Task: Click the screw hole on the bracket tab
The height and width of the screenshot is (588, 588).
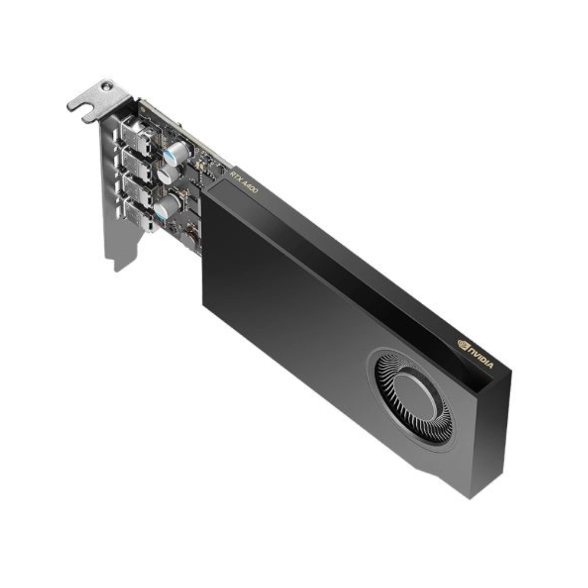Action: click(x=107, y=86)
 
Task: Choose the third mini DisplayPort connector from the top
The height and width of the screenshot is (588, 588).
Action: click(x=137, y=191)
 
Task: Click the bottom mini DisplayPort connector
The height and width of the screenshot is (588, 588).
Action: click(x=139, y=216)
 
